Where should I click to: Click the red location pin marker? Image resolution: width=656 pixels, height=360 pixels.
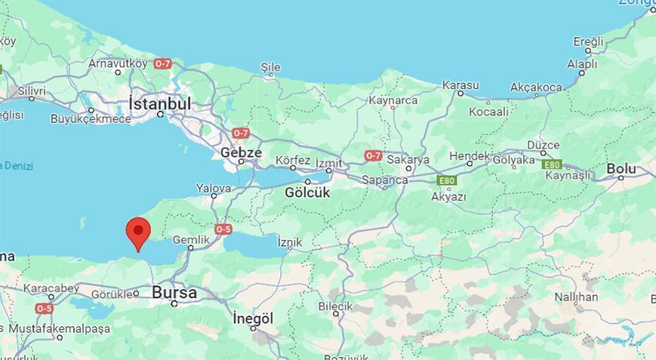point(137,231)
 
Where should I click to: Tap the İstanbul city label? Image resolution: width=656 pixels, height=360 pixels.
point(159,103)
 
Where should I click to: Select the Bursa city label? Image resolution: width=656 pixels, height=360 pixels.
point(174,292)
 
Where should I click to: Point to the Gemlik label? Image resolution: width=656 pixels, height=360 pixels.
point(190,239)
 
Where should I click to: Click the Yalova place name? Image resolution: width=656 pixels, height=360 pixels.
point(214,188)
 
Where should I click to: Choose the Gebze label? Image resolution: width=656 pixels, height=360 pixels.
point(241,152)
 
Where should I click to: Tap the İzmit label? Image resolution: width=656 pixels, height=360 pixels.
point(328,163)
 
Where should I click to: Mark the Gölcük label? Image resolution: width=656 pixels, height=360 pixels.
point(308,192)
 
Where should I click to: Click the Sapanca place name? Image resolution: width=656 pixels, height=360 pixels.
point(385,180)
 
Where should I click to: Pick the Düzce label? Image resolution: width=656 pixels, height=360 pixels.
point(543,145)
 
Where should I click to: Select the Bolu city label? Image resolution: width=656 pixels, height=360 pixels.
point(621,168)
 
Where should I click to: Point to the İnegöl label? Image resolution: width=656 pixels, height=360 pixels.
point(252,318)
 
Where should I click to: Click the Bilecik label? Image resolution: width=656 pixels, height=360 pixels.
point(335,306)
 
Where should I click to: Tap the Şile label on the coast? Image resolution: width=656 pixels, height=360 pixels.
point(270,67)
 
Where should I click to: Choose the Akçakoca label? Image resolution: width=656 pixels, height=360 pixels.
point(536,88)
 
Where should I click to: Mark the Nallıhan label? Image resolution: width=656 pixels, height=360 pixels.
point(576,297)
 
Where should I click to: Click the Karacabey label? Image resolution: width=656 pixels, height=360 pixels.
point(51,288)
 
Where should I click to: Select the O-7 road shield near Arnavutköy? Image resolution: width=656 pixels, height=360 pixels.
point(162,64)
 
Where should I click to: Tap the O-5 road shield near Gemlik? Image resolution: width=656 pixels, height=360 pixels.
point(223,229)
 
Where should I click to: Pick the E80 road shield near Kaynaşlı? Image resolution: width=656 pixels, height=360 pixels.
point(552,165)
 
